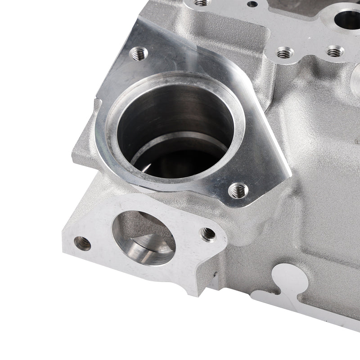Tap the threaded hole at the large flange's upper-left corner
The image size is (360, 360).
tap(138, 55)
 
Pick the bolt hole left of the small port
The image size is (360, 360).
tap(82, 243)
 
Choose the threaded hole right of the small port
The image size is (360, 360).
tap(207, 234)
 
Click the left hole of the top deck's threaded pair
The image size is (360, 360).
tap(283, 53)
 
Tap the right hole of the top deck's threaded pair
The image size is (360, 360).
tap(335, 52)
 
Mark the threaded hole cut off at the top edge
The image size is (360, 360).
tap(202, 2)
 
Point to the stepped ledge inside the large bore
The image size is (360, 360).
tap(180, 146)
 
